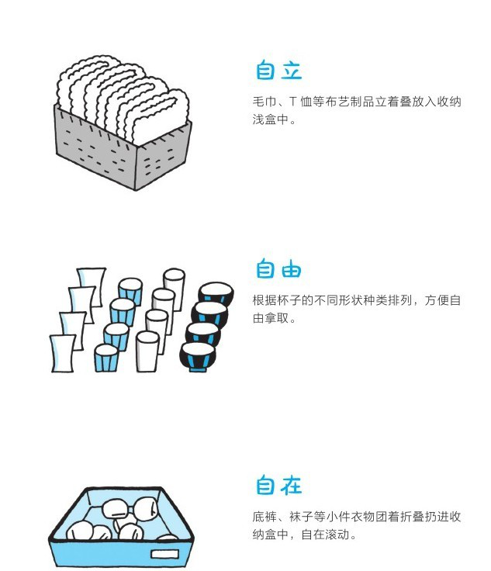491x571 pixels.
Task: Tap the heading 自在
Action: tap(278, 486)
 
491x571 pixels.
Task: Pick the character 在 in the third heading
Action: tap(291, 486)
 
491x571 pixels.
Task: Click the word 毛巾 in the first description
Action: tap(264, 102)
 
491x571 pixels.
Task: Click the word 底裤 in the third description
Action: tap(264, 517)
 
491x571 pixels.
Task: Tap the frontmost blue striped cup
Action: tap(106, 358)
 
